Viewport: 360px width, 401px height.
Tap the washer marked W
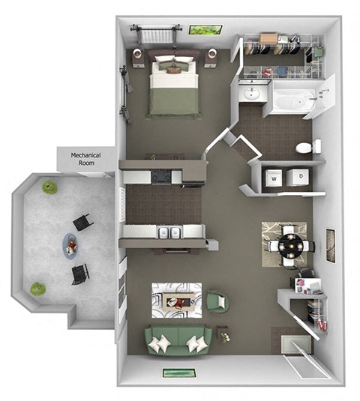coord(274,178)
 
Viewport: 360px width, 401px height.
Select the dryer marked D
coord(300,177)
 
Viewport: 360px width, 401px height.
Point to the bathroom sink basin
coord(251,94)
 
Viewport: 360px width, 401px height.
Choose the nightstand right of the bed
coord(212,57)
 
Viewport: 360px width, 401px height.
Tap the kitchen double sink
coord(171,233)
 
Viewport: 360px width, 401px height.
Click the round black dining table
coord(288,244)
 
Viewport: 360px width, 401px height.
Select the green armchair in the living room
coord(217,301)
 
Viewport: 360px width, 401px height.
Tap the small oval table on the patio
coord(70,243)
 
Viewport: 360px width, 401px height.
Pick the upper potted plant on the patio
coord(49,187)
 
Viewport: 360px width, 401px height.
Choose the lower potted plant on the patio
coord(37,289)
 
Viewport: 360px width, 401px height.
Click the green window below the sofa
coord(180,373)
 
